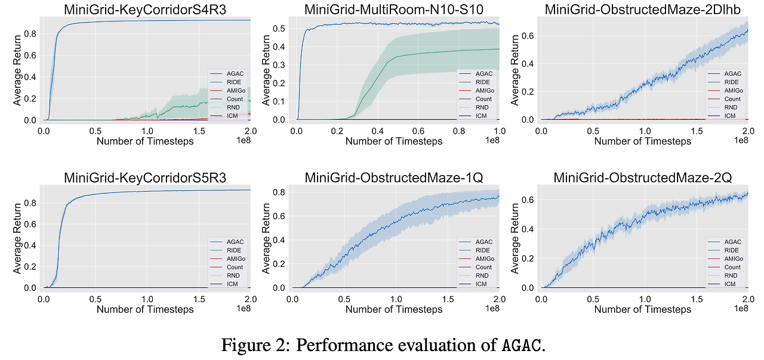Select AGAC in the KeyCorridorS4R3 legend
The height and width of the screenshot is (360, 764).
[235, 74]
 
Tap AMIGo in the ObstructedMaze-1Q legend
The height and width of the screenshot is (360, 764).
[485, 259]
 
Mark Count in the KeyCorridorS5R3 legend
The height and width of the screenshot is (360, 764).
[235, 267]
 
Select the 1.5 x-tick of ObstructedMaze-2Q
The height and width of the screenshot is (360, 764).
[695, 299]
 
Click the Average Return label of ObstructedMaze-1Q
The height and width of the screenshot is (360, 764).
[267, 238]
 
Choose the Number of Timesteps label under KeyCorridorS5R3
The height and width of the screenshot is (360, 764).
[145, 309]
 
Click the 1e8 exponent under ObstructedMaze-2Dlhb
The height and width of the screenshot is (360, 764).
[741, 140]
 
